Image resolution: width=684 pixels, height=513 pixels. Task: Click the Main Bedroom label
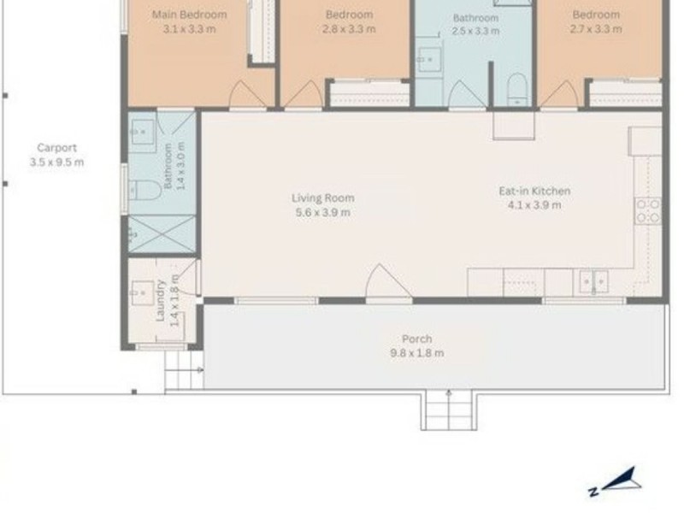pos(189,15)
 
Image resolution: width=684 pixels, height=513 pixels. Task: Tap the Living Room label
pos(323,198)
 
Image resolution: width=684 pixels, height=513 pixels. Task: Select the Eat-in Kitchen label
pos(534,191)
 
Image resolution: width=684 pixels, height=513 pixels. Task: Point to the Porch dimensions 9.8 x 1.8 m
pos(417,353)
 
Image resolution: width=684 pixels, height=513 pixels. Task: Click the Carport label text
pos(56,148)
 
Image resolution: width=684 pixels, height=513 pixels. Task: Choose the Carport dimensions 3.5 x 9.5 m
pos(56,162)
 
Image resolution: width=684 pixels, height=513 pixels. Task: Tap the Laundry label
pos(161,300)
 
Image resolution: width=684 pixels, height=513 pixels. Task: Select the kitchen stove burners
pos(648,210)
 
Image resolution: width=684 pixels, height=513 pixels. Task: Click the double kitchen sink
pos(593,282)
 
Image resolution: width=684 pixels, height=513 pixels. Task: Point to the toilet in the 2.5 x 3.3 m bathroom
pos(517,90)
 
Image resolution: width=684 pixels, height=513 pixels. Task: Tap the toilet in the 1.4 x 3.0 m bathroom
pos(144,190)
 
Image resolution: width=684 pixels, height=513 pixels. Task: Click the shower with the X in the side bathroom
pos(162,233)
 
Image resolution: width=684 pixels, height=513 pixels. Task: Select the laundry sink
pos(142,292)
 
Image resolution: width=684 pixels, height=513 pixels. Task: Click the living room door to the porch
pos(389,282)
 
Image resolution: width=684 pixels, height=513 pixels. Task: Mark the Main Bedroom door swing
pos(247,94)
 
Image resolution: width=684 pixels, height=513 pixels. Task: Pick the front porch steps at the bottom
pos(448,410)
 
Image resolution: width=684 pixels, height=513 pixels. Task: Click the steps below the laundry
pos(184,370)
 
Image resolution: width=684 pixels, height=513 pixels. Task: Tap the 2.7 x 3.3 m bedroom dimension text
pos(596,29)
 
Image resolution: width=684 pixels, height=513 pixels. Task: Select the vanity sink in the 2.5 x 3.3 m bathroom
pos(429,59)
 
